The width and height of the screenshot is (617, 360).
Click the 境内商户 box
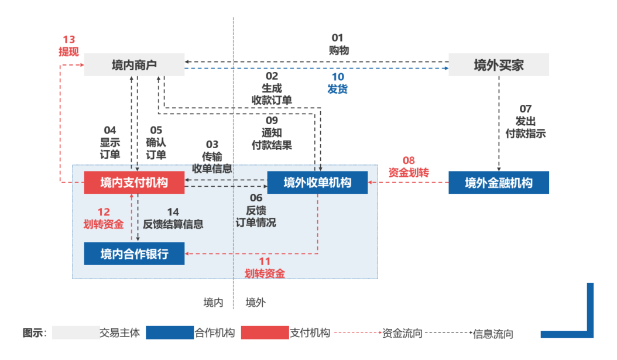[x=134, y=64]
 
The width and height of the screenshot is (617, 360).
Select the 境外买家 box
[x=499, y=64]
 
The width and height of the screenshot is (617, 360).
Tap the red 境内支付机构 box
[x=134, y=183]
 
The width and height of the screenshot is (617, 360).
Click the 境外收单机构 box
[x=317, y=183]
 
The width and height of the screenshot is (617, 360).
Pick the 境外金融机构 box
[x=499, y=183]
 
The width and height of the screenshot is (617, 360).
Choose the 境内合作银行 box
[x=134, y=253]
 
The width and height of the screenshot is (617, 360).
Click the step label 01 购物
[x=338, y=45]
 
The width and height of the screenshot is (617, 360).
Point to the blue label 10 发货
[x=338, y=83]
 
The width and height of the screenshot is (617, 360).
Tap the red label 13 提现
[x=68, y=46]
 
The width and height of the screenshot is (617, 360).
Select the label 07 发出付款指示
[x=525, y=121]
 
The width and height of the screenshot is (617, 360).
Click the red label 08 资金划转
[x=409, y=167]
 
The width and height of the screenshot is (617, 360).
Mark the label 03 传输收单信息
[x=212, y=156]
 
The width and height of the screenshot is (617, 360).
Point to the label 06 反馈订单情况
[x=256, y=210]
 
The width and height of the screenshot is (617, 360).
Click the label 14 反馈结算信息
[x=173, y=218]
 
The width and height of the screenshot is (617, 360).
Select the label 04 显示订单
[x=110, y=142]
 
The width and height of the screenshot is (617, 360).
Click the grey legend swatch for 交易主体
[x=75, y=333]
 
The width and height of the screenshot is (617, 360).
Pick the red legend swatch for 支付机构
[x=265, y=333]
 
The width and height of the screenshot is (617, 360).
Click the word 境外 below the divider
[x=255, y=303]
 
